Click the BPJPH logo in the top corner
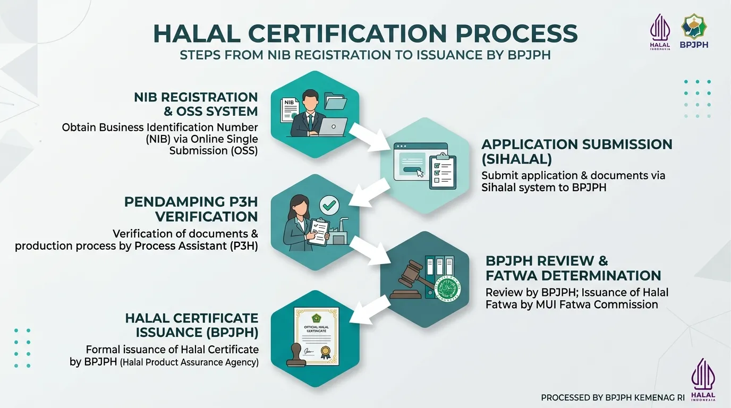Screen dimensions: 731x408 pos(694,31)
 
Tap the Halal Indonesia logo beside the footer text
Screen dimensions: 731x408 pos(703,380)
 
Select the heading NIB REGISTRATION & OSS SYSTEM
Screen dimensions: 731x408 pos(196,104)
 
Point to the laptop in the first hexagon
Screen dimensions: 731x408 pos(333,127)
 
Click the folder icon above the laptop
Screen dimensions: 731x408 pos(336,101)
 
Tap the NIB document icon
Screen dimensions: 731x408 pos(290,110)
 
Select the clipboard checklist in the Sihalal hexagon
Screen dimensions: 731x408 pos(443,171)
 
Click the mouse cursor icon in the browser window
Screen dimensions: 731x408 pos(420,173)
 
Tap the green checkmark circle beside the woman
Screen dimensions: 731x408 pos(329,205)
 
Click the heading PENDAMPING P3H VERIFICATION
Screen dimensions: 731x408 pos(191,209)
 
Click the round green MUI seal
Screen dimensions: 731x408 pos(449,288)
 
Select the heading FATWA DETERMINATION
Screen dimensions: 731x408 pos(573,276)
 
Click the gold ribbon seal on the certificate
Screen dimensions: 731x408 pos(325,352)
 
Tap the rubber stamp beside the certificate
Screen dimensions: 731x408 pos(296,356)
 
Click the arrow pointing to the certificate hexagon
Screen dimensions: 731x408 pos(370,310)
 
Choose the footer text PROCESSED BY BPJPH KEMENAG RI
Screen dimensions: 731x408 pos(613,397)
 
